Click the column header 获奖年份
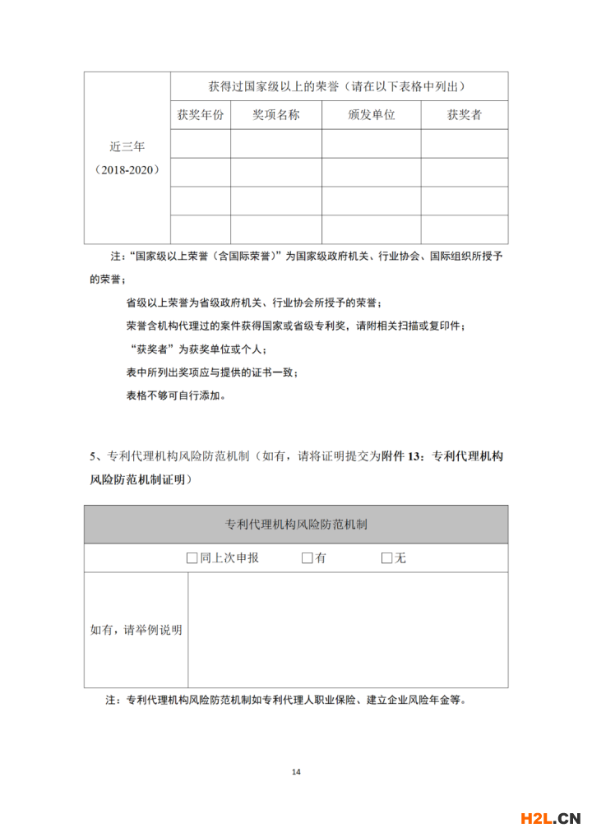tap(200, 115)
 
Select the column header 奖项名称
tap(275, 115)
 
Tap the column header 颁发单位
tap(371, 115)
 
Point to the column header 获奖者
tap(464, 115)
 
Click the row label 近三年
tap(127, 147)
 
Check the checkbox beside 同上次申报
tap(192, 558)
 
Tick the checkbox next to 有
tap(307, 558)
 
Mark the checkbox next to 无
tap(386, 558)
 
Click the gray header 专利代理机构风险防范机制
tap(296, 524)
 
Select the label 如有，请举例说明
tap(136, 630)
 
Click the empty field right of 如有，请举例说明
tap(348, 630)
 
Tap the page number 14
tap(296, 771)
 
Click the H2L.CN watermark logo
tap(551, 817)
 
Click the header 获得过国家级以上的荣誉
tap(338, 86)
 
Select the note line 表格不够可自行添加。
tap(175, 395)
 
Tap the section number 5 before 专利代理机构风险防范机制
tap(93, 457)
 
